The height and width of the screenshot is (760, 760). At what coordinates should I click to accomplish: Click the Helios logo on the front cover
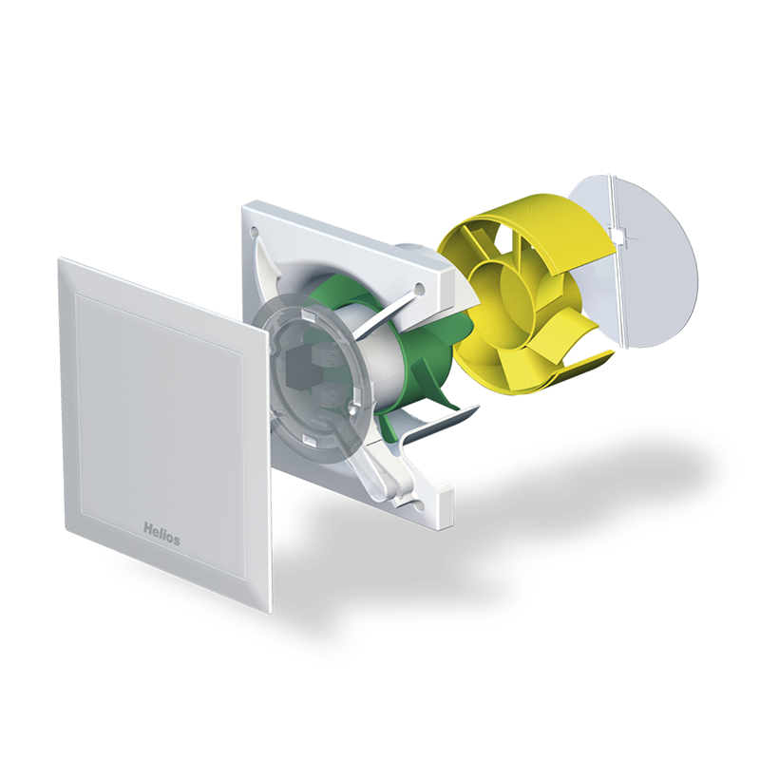click(x=161, y=533)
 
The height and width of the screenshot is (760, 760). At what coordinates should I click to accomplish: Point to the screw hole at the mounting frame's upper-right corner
click(x=420, y=290)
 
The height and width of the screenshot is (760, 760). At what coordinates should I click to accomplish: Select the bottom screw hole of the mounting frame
click(x=419, y=506)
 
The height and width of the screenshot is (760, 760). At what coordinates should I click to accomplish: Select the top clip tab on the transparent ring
click(x=309, y=314)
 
